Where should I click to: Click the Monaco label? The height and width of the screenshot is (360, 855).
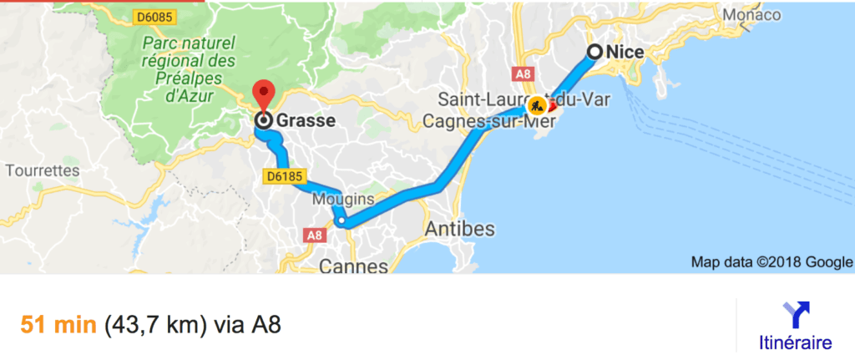(x=751, y=15)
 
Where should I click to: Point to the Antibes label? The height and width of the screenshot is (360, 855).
(x=459, y=229)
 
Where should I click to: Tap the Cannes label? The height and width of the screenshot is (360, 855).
(x=354, y=266)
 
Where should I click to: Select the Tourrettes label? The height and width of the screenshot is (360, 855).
(x=41, y=171)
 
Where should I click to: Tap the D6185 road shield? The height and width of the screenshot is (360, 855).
(x=286, y=177)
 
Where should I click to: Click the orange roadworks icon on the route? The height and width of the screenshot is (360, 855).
(x=537, y=106)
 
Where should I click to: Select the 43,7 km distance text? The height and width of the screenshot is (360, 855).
(x=156, y=322)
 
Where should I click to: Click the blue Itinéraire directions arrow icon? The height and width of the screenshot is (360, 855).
(x=795, y=314)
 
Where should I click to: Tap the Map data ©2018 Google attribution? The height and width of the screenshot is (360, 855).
(x=771, y=262)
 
